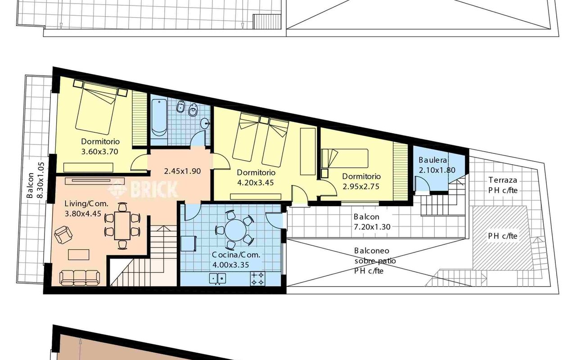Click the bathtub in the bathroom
pyautogui.click(x=159, y=117)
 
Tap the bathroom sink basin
pyautogui.click(x=205, y=123)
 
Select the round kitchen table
pyautogui.click(x=235, y=230)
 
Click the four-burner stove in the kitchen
pyautogui.click(x=257, y=279)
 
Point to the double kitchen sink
pyautogui.click(x=217, y=279)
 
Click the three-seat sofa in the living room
pyautogui.click(x=80, y=278)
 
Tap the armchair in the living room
pyautogui.click(x=63, y=235)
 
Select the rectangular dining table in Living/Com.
pyautogui.click(x=122, y=226)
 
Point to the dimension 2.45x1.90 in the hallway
pyautogui.click(x=182, y=171)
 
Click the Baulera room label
pyautogui.click(x=432, y=160)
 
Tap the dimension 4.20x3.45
pyautogui.click(x=255, y=183)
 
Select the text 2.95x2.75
pyautogui.click(x=361, y=186)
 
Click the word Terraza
pyautogui.click(x=503, y=180)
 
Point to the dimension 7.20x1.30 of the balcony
pyautogui.click(x=372, y=227)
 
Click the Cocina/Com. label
pyautogui.click(x=236, y=255)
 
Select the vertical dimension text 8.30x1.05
pyautogui.click(x=41, y=180)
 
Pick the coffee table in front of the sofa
pyautogui.click(x=79, y=255)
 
